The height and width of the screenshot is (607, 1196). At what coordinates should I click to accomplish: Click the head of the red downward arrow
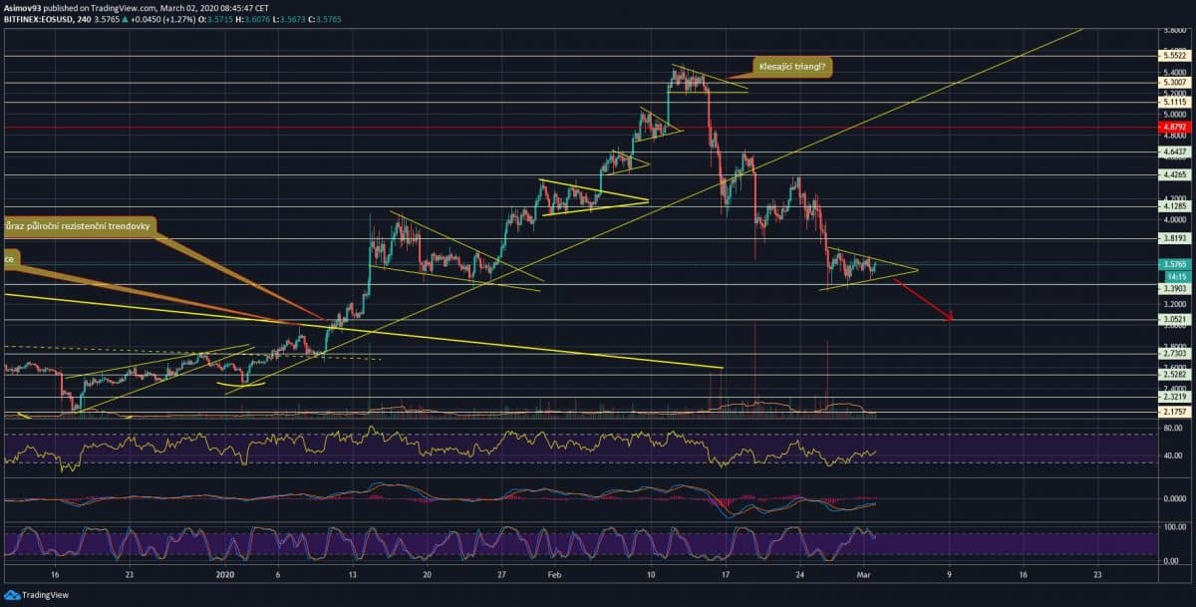point(952,319)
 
